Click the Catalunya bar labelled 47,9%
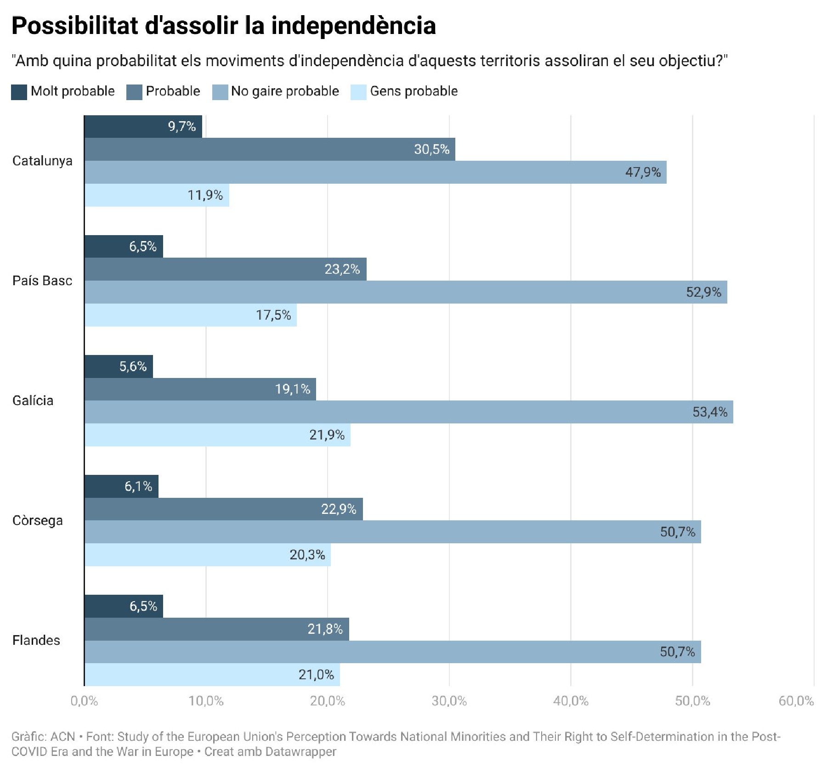pos(375,172)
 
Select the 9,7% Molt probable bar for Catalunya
pos(143,127)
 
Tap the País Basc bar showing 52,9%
pos(405,292)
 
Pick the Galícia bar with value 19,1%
pos(200,389)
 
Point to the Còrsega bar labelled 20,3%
pos(207,555)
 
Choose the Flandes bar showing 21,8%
pos(216,629)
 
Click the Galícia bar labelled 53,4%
pos(408,412)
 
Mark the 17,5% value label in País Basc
pos(273,315)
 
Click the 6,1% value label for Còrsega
pos(138,486)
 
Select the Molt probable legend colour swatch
pos(19,92)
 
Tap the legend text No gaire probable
pos(285,91)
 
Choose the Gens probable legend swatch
pos(358,92)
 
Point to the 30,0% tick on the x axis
pos(449,701)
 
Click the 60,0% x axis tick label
pos(796,701)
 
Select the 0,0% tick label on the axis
pos(84,701)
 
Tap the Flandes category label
pos(36,640)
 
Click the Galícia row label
pos(33,400)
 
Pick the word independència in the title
pos(353,26)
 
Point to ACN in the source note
pos(62,737)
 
